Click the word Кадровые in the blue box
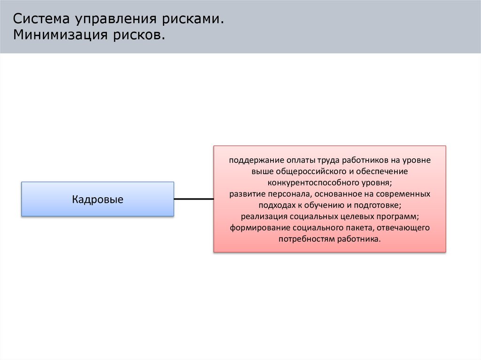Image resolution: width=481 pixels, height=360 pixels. coord(98,199)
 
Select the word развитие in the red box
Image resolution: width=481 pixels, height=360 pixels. coord(244,194)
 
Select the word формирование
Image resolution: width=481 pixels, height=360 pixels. coord(255,228)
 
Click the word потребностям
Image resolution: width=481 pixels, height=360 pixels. coord(303,239)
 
